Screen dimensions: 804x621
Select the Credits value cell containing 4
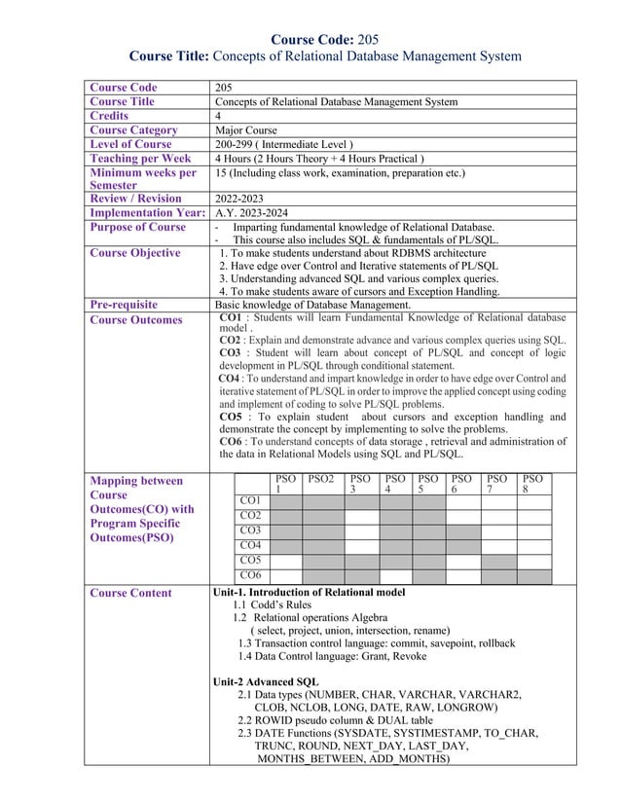pos(218,116)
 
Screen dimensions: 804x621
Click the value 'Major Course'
pos(246,129)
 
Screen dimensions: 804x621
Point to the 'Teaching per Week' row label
pos(140,158)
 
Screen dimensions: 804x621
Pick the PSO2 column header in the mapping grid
pos(320,479)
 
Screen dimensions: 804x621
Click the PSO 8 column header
pos(532,485)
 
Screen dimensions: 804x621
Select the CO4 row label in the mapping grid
pos(249,545)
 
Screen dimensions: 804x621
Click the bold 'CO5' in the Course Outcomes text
pos(233,417)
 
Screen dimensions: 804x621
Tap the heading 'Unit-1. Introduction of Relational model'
pos(309,592)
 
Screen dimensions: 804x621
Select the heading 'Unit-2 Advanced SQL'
pos(266,681)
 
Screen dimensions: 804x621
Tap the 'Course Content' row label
pos(130,593)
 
